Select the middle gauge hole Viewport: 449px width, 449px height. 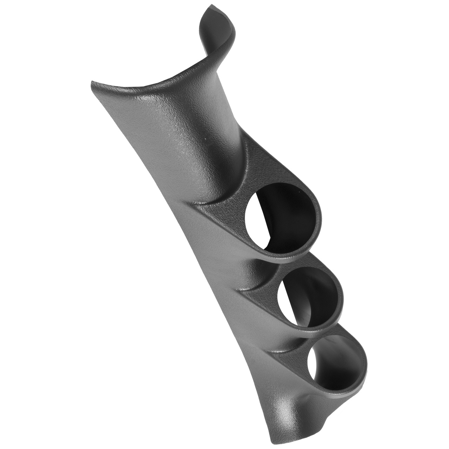[x=309, y=298]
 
